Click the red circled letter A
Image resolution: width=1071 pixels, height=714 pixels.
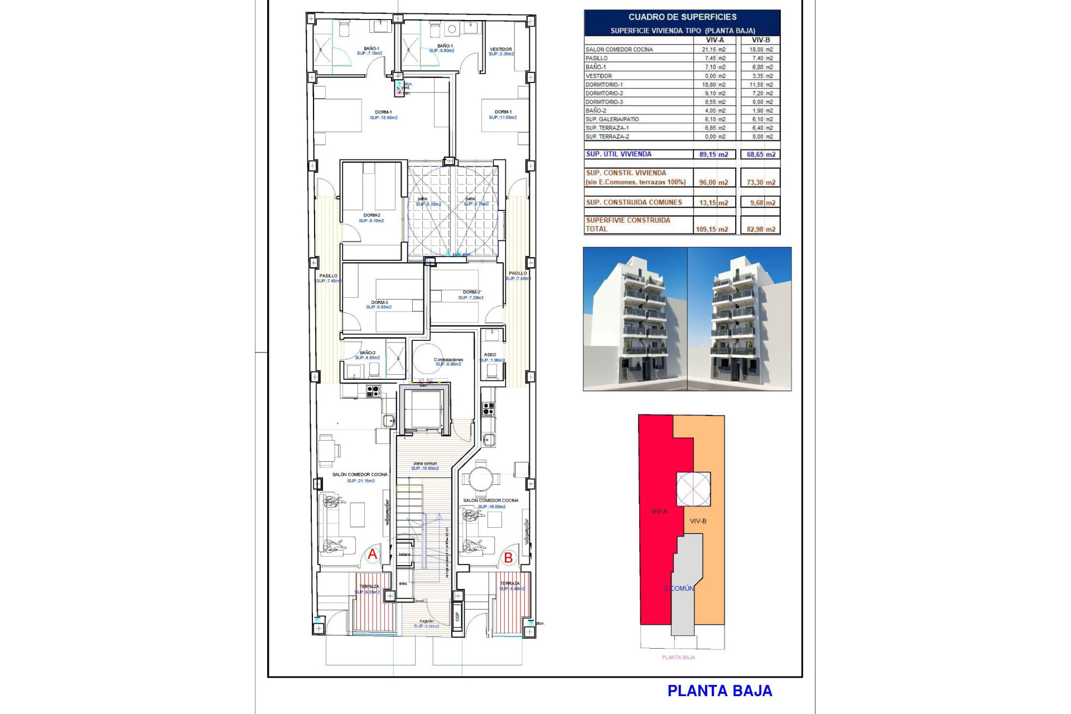[x=372, y=554]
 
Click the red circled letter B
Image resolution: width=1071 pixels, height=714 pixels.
[x=508, y=557]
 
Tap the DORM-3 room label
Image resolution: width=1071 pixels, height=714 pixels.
[x=379, y=302]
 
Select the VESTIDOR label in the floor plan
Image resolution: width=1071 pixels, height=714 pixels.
[x=500, y=50]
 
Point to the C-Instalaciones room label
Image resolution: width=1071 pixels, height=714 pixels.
[x=448, y=360]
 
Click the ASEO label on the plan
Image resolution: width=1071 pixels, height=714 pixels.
[x=490, y=355]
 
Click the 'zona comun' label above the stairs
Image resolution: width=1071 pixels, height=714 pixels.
[x=425, y=464]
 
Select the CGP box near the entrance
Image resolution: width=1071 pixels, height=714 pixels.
[x=457, y=616]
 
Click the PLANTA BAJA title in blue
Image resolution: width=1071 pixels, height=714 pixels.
[x=720, y=691]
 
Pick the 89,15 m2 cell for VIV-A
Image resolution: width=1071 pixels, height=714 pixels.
[x=713, y=155]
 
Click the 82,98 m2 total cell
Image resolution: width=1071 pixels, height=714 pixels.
[x=761, y=229]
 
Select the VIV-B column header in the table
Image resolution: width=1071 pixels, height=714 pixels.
[x=760, y=40]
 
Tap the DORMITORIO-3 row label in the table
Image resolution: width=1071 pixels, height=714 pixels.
[x=604, y=102]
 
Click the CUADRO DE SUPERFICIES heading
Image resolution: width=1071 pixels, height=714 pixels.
[x=682, y=17]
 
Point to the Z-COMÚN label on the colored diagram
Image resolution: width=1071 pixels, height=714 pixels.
[x=679, y=588]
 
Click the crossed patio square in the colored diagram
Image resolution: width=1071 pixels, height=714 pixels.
[x=693, y=489]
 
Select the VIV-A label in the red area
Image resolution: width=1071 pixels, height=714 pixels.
[x=659, y=511]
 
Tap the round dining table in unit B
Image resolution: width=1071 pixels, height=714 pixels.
[x=480, y=478]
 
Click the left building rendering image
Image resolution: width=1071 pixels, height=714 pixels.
[x=635, y=319]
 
